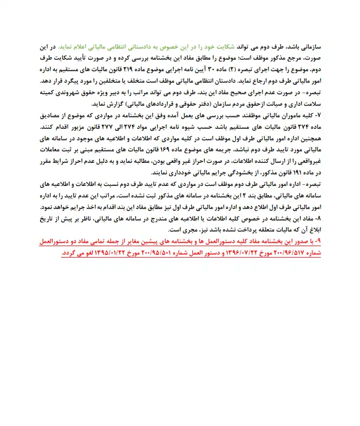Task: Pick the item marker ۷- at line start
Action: [x=315, y=115]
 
